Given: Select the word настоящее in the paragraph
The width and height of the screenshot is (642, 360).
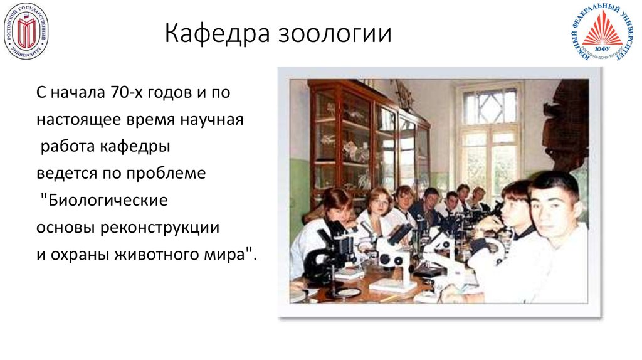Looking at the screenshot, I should point(75,120).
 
